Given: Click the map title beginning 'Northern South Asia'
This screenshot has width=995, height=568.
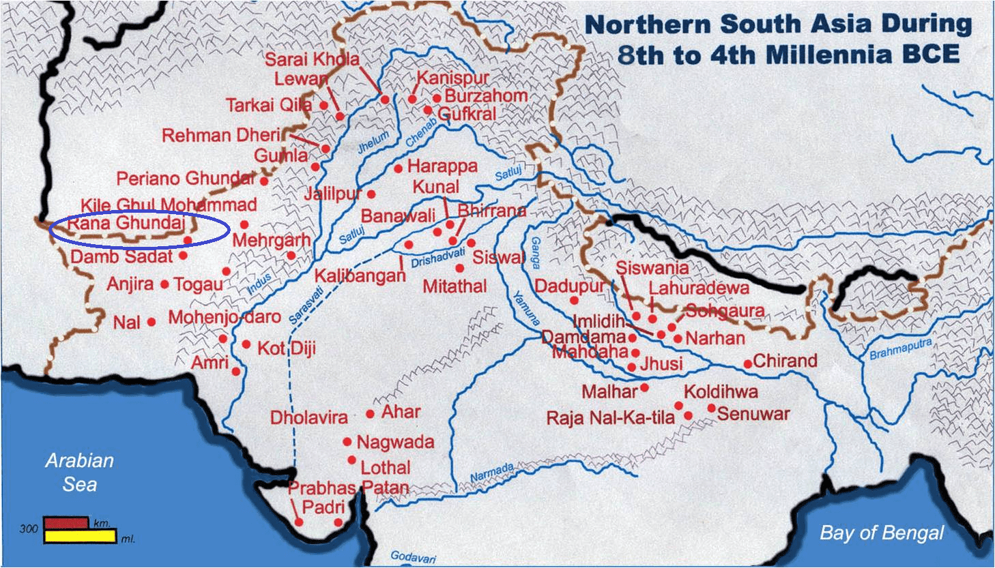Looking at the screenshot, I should pos(778,39).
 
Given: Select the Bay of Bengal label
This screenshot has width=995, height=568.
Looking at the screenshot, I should pos(882,533).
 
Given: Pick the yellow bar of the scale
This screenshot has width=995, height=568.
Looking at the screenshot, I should pos(80,537).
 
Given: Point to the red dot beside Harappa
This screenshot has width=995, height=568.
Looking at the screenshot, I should pos(398,168).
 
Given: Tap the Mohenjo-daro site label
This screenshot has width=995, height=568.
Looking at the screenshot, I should pos(225,317).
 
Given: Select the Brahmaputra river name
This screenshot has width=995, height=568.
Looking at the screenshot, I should pos(899,349).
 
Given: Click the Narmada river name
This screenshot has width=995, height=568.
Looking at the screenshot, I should pos(492,471).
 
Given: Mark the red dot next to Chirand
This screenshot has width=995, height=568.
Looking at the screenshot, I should pos(748,364).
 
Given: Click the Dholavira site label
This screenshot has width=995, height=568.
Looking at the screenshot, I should pos(309,417).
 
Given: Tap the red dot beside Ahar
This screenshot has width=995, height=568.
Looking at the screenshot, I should pos(371,414).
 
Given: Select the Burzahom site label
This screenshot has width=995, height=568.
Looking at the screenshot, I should pos(486,95).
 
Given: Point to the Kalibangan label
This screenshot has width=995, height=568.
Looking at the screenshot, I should pos(360,276).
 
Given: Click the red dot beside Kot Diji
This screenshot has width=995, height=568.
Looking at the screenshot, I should pos(246,344).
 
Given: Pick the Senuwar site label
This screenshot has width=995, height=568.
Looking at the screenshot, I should pos(753,413).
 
